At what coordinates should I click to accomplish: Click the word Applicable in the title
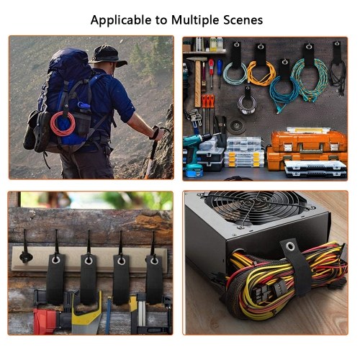pos(121,20)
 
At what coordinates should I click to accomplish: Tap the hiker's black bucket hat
pos(108,55)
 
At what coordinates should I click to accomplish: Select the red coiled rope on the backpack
pos(63,124)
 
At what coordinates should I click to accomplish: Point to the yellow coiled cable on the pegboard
pos(261,73)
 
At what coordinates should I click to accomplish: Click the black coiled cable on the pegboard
pos(337,74)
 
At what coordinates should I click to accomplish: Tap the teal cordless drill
pos(196,153)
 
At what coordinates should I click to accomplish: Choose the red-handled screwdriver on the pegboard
pos(211,73)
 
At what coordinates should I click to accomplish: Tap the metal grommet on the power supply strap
pos(290,246)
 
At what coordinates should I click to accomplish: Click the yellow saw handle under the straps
pos(87,312)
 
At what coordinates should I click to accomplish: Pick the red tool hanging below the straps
pos(45,322)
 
